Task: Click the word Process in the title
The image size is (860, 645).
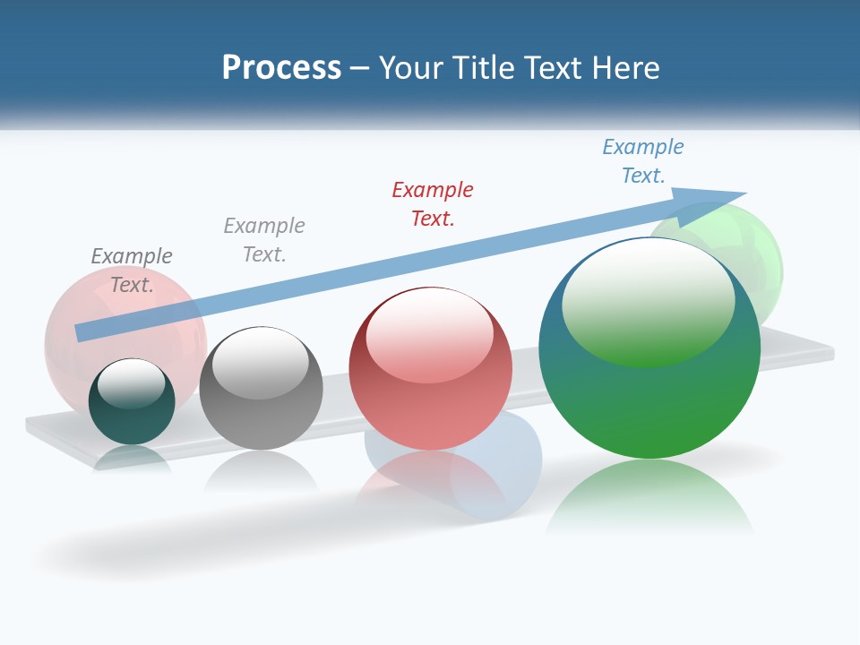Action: (281, 68)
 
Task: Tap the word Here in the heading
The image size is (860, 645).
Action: (625, 68)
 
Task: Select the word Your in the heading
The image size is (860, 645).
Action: (409, 68)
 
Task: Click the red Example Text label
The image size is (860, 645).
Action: (433, 203)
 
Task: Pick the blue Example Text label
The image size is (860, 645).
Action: (643, 161)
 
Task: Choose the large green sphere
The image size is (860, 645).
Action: (649, 403)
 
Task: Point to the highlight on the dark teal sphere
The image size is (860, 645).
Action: (131, 382)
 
